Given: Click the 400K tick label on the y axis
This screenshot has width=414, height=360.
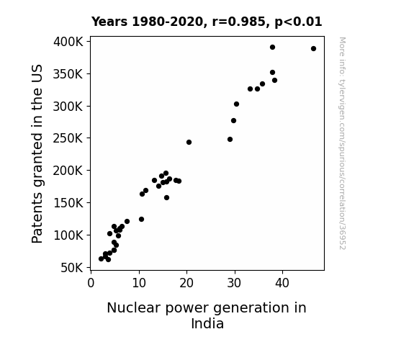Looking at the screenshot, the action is (x=68, y=42).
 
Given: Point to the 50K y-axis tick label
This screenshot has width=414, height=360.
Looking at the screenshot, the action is (x=72, y=268).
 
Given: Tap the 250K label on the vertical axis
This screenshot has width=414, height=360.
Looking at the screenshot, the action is (x=68, y=138).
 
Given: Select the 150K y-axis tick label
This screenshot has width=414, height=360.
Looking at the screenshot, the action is (x=68, y=203).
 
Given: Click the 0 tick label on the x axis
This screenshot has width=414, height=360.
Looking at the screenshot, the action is (x=91, y=283).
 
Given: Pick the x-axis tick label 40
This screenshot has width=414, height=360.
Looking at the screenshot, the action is (x=282, y=283).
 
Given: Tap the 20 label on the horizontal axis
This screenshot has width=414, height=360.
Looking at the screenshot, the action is (x=186, y=283).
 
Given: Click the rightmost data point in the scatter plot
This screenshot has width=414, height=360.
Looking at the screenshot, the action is (x=313, y=48).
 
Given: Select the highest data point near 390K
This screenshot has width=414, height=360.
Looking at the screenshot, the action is (x=272, y=48).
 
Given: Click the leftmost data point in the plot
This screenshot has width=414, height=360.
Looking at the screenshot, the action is (x=101, y=259).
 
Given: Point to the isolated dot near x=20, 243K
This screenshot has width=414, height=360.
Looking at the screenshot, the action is (x=189, y=142).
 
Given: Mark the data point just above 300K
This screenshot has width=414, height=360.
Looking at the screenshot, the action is (x=236, y=104).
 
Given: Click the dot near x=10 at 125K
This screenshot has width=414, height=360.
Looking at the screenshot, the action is (x=141, y=219).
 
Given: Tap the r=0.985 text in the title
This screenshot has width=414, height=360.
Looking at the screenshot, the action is (x=239, y=22).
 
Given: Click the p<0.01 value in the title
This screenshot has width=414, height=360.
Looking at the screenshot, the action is (x=298, y=22).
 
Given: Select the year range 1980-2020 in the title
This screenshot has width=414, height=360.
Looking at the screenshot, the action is (x=168, y=22).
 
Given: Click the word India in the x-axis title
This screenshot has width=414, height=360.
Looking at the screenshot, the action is (x=207, y=323).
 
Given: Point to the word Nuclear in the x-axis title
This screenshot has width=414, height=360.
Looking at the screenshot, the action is (x=134, y=308).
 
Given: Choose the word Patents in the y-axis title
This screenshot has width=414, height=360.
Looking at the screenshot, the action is (x=37, y=217).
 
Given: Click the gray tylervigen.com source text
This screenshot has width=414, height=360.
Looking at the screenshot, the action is (x=342, y=143).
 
